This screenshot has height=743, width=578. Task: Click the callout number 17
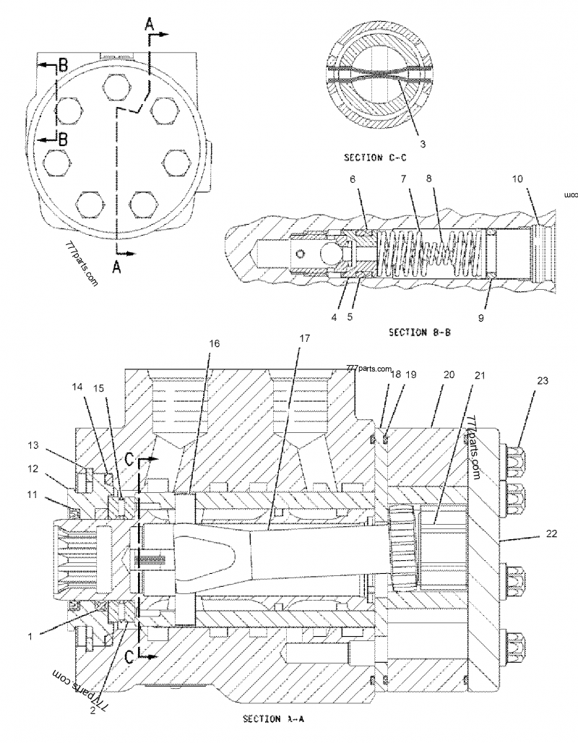[x=304, y=338]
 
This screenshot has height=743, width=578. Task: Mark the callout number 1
[x=30, y=636]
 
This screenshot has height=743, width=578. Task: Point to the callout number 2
[x=92, y=710]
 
